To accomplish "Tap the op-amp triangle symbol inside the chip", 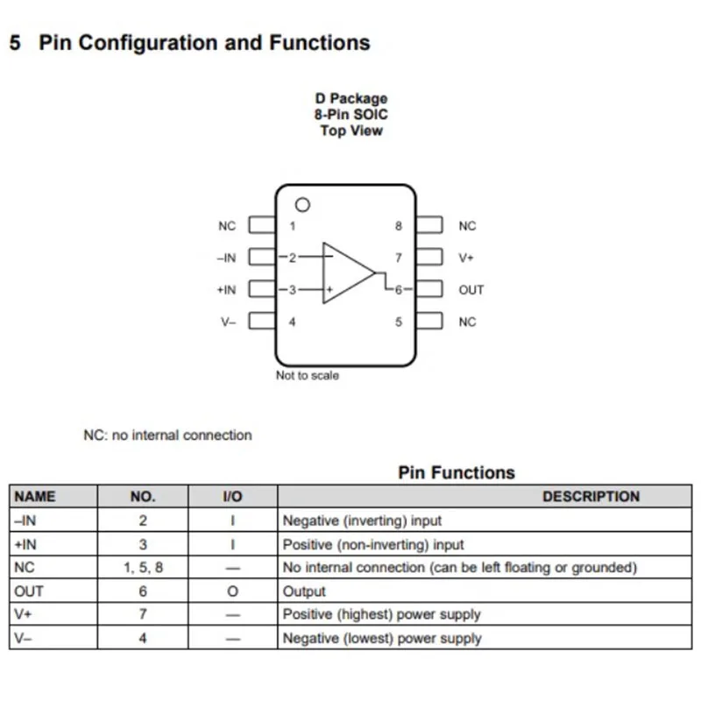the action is click(323, 273).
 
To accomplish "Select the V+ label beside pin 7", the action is click(466, 258).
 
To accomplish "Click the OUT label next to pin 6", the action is click(471, 290).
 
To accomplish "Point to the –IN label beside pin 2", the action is click(226, 258).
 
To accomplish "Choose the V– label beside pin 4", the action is click(228, 322).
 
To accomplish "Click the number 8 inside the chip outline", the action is click(399, 226).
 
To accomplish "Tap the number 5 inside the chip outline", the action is click(399, 322).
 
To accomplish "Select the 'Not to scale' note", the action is click(308, 376).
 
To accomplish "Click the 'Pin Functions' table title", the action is click(457, 472).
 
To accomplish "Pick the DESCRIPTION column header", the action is click(591, 496).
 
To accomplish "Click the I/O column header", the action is click(232, 496).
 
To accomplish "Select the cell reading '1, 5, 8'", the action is click(143, 567).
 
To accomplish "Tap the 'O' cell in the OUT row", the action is click(232, 591).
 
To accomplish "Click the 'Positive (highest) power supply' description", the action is click(382, 614).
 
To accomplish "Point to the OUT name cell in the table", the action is click(29, 591).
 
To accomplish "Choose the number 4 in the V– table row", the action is click(143, 638).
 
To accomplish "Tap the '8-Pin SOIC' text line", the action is click(351, 115).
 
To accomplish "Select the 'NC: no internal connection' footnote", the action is click(167, 435).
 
